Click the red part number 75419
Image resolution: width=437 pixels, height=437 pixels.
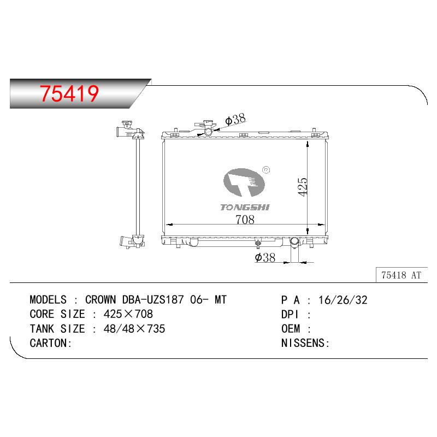tap(69, 93)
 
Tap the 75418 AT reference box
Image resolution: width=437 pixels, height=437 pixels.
tap(401, 275)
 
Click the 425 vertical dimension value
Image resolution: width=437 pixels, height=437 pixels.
tap(303, 187)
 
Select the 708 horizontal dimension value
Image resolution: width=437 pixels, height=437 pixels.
tap(245, 220)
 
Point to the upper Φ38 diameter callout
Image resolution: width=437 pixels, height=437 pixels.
tap(235, 119)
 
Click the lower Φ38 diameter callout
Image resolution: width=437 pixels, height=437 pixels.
tap(265, 257)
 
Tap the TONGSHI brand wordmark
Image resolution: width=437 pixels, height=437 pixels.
tap(245, 208)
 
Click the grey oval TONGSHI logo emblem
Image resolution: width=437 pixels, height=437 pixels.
tap(244, 182)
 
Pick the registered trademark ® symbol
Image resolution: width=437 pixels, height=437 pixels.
tap(267, 170)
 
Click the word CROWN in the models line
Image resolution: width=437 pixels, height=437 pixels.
tap(101, 300)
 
